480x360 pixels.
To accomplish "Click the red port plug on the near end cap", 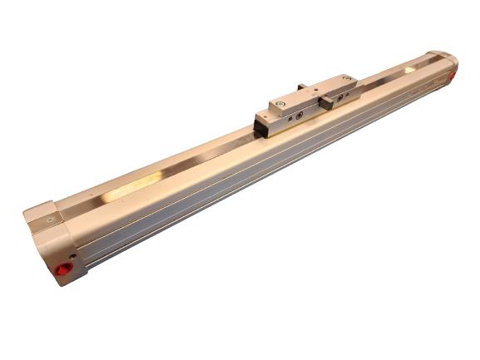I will tap(61, 272).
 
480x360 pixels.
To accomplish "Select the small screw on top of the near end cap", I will tap(51, 220).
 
